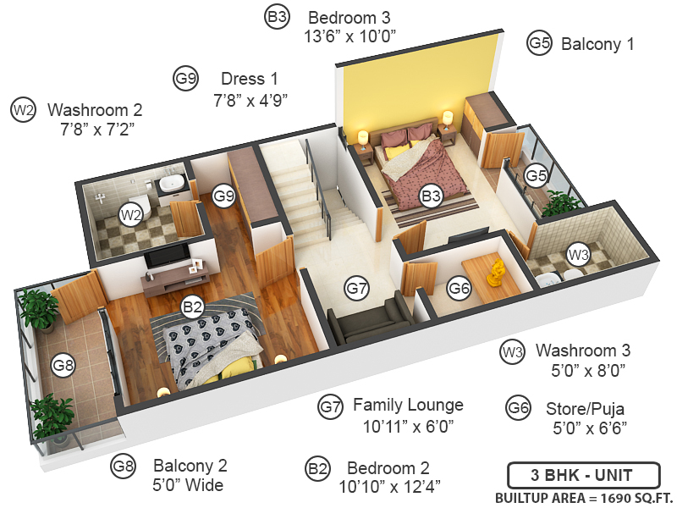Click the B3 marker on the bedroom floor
pyautogui.click(x=432, y=197)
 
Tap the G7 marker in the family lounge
pyautogui.click(x=357, y=289)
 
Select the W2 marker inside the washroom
pyautogui.click(x=129, y=214)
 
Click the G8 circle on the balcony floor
pyautogui.click(x=63, y=365)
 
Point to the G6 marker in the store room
pyautogui.click(x=460, y=289)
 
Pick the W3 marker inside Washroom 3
pyautogui.click(x=578, y=254)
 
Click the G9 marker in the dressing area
pyautogui.click(x=223, y=196)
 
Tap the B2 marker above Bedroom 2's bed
pyautogui.click(x=193, y=306)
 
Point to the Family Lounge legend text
pyautogui.click(x=408, y=405)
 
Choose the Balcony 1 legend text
pyautogui.click(x=597, y=44)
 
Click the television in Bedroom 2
pyautogui.click(x=166, y=257)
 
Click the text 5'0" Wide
pyautogui.click(x=188, y=485)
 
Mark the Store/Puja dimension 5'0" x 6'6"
pyautogui.click(x=589, y=428)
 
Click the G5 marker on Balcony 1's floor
pyautogui.click(x=536, y=175)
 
